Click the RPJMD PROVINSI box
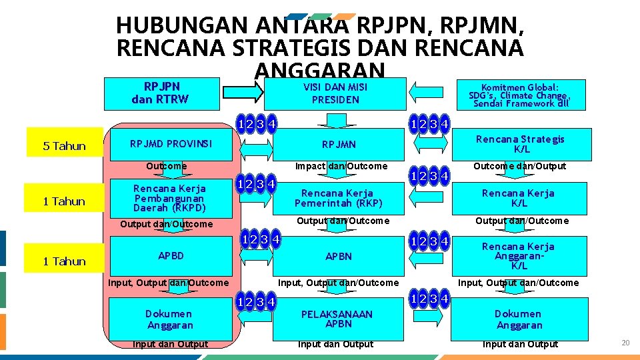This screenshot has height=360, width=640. [x=171, y=144]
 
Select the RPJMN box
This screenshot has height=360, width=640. [x=339, y=144]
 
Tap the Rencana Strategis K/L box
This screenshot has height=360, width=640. [x=519, y=144]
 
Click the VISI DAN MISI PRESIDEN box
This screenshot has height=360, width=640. [x=335, y=94]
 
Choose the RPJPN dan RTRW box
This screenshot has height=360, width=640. [x=160, y=94]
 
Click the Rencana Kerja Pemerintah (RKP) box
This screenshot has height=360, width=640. [x=339, y=198]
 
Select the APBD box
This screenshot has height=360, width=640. [x=171, y=255]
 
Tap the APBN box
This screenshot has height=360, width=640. [x=339, y=256]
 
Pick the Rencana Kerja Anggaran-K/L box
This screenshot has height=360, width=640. [x=519, y=256]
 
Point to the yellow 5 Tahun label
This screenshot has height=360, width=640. [x=65, y=146]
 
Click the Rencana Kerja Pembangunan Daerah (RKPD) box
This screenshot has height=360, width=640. [x=169, y=198]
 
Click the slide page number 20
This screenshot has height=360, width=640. [x=625, y=343]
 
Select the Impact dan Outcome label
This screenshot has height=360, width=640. [x=341, y=166]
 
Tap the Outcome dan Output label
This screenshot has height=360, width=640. [x=519, y=166]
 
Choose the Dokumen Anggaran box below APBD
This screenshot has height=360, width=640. [x=169, y=319]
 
